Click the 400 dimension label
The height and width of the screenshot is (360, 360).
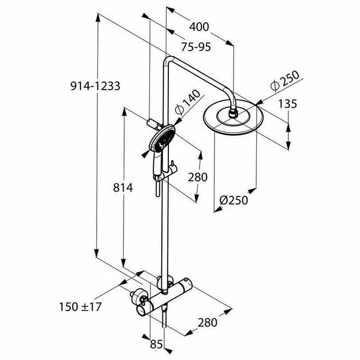point(199,27)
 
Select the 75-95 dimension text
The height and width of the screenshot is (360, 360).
point(196,47)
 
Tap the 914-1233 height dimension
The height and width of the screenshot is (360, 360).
point(96,86)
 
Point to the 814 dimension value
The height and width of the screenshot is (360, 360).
point(123,188)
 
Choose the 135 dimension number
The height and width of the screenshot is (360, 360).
point(288,104)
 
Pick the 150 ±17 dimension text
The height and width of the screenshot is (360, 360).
point(81,307)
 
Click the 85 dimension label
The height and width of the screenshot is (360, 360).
point(156,344)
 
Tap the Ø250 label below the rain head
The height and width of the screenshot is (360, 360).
point(233,200)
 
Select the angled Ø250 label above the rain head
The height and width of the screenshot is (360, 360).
point(285,81)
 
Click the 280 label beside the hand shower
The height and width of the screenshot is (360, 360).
point(198,177)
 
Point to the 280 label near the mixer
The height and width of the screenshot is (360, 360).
point(208,322)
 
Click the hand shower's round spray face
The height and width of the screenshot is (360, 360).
point(162,138)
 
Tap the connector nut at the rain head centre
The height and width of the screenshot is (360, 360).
point(233,114)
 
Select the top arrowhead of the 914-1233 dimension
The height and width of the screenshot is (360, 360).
point(98,17)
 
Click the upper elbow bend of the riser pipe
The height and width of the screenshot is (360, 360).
point(167,61)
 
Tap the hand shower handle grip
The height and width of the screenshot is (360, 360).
point(157,164)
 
